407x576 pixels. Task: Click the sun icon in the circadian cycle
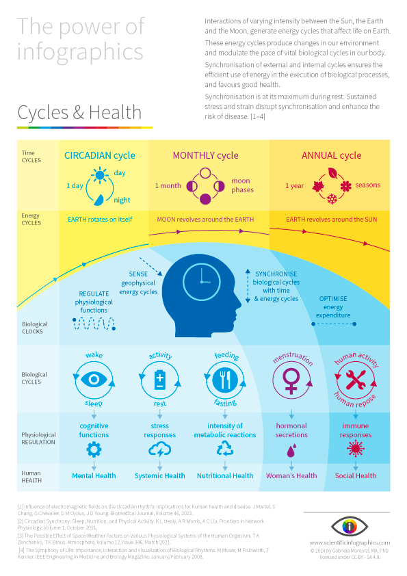coord(100,175)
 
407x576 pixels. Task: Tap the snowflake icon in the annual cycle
coord(332,199)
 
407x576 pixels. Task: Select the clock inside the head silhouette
coord(202,282)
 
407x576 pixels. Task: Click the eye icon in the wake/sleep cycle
coord(94,379)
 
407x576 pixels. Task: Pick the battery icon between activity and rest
coord(160,380)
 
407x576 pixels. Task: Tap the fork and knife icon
coord(225,380)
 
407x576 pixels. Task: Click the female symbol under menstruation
coord(291,380)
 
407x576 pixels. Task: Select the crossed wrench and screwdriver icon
coord(356,380)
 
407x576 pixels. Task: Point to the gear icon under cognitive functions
coord(94,449)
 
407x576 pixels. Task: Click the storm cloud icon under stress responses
coord(160,449)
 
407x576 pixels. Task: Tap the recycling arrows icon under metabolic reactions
coord(225,449)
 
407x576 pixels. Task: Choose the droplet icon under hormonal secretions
coord(291,451)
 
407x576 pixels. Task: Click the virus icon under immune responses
coord(356,449)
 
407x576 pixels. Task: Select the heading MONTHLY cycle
coord(206,155)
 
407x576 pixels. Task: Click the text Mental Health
coord(94,475)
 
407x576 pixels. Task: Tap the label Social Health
coord(356,475)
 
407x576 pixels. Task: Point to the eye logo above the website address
coord(350,527)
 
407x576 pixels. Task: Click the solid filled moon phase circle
coord(205,199)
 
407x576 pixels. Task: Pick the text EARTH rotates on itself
coord(100,220)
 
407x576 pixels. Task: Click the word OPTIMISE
coord(333,299)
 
